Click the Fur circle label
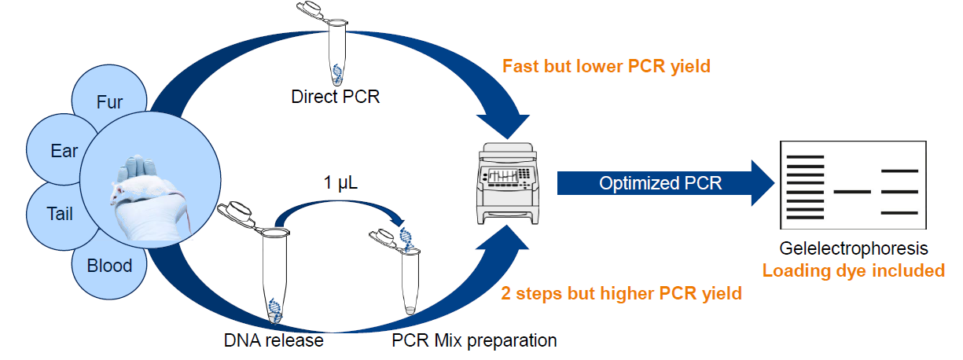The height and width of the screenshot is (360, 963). coord(109,102)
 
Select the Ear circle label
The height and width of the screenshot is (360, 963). coord(64,151)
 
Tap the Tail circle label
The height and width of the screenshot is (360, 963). coord(60,214)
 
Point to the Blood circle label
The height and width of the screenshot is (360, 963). coord(109,266)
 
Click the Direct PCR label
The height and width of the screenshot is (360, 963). coord(336,97)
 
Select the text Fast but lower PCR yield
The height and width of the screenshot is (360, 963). coord(606,67)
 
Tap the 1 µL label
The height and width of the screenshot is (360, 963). coord(340,182)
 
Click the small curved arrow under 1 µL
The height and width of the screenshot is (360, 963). coord(340,203)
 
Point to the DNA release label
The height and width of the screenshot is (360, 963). coord(274,340)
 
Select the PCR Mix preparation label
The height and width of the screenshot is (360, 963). coord(474,340)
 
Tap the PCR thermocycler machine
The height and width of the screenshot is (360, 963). coord(508,184)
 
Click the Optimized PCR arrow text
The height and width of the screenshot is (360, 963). coord(660,183)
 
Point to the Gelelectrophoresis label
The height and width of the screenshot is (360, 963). coord(854,249)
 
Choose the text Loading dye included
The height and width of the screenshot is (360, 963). coord(854,271)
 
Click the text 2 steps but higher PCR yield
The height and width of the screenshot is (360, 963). coord(621,294)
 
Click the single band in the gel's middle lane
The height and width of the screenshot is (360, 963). coord(852,192)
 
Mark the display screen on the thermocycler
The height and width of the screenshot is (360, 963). coord(503,175)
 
